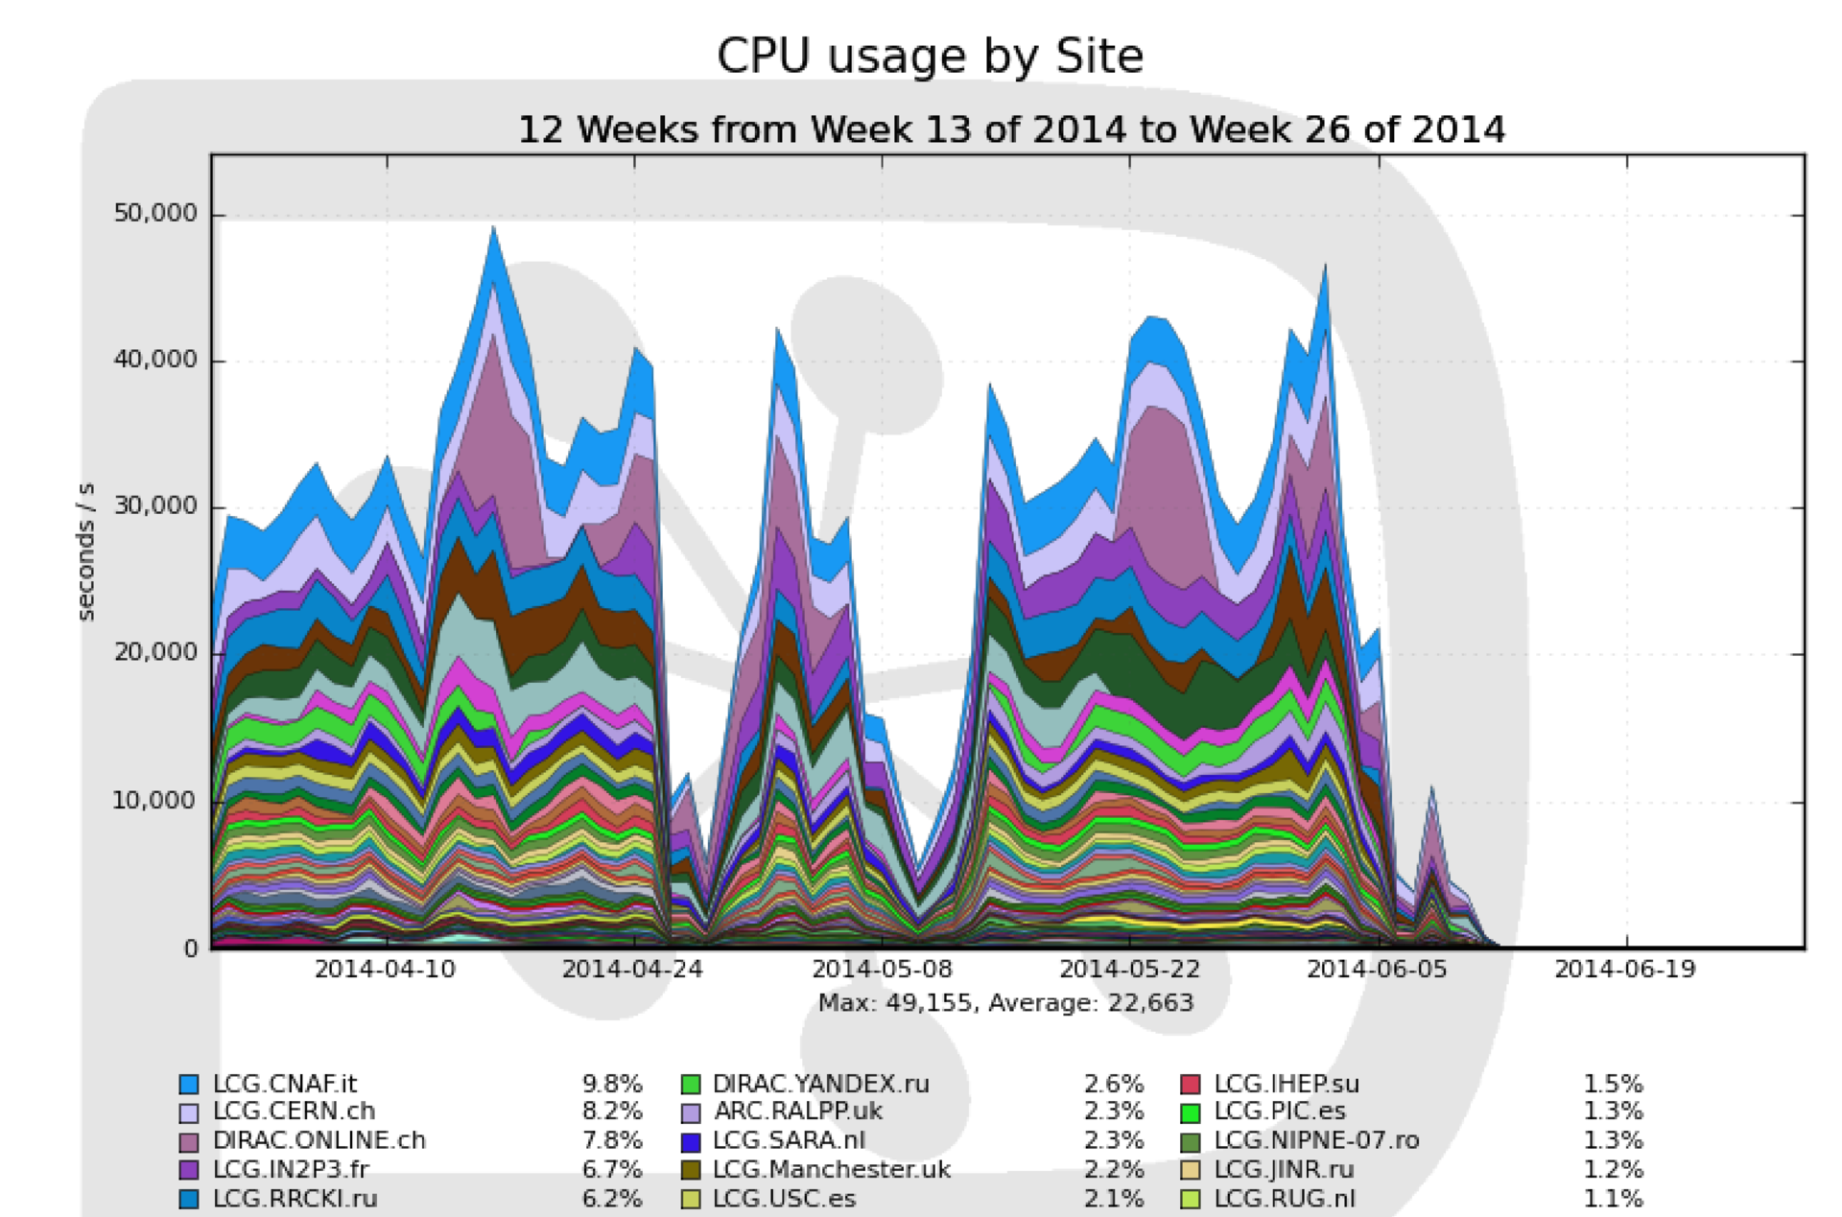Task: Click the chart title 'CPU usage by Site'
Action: click(930, 57)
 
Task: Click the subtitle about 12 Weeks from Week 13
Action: click(1011, 129)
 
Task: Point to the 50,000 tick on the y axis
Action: click(155, 213)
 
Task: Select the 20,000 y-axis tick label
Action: click(155, 652)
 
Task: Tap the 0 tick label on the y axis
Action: click(191, 948)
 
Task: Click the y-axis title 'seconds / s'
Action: click(86, 550)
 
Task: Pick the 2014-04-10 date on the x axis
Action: click(385, 970)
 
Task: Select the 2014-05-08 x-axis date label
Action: click(882, 970)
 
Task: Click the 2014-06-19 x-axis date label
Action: click(1625, 970)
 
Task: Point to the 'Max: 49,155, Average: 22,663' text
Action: click(1005, 1003)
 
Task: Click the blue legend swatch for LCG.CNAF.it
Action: click(189, 1085)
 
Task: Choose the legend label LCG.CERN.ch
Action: click(294, 1112)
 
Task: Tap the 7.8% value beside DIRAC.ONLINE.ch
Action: click(612, 1140)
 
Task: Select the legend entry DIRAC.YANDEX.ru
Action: click(821, 1084)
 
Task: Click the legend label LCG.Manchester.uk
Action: click(832, 1170)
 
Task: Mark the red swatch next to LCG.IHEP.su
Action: click(1191, 1085)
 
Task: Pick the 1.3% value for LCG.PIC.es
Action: click(1613, 1112)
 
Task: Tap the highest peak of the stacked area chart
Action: click(493, 228)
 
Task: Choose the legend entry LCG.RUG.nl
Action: click(1285, 1199)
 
